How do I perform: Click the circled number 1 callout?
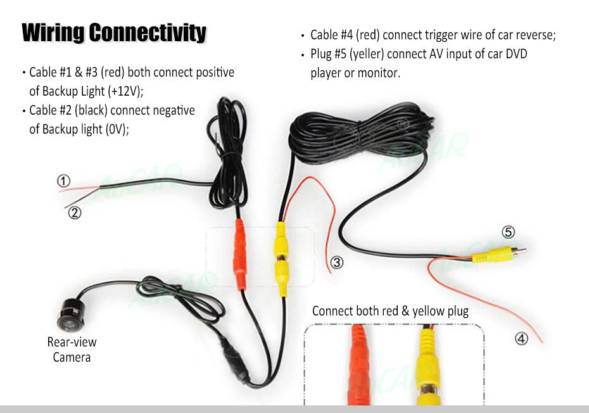63,181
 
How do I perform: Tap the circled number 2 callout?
74,213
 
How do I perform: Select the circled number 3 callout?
337,262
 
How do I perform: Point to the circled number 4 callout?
521,339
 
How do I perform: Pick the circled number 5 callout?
508,232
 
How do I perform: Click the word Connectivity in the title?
148,33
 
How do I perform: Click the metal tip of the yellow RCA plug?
519,250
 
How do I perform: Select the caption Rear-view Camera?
72,350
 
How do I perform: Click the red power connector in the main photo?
239,254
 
